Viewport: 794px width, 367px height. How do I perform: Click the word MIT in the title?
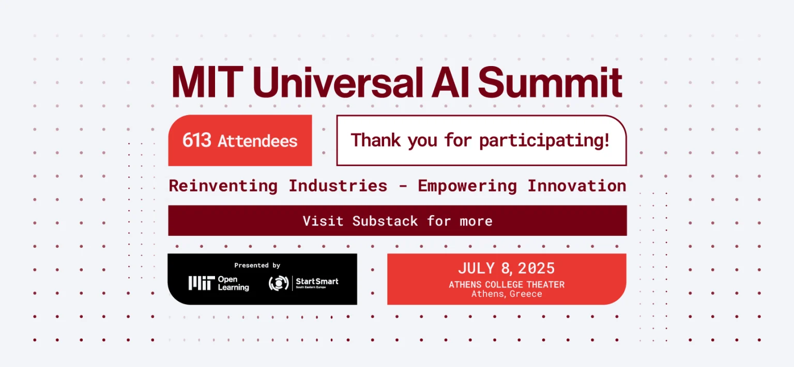coord(207,82)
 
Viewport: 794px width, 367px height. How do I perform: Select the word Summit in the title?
coord(550,82)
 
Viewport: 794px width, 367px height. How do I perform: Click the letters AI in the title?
coord(450,82)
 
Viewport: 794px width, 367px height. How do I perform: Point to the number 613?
coord(197,140)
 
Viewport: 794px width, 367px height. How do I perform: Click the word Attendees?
coord(257,141)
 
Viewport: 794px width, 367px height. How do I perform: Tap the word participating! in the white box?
coord(544,141)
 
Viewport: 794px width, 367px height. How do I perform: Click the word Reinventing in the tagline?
coord(223,186)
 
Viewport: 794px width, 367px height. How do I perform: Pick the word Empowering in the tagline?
coord(467,186)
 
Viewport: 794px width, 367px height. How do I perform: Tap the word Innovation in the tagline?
coord(577,185)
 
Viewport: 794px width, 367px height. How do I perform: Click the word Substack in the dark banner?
coord(385,221)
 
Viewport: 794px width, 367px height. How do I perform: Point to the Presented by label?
coord(257,265)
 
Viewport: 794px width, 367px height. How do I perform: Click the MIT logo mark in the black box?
coord(202,283)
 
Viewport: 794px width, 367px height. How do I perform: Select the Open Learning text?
coord(233,283)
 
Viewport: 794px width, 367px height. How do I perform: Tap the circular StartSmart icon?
coord(279,283)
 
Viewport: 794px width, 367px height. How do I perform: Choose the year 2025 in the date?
coord(536,268)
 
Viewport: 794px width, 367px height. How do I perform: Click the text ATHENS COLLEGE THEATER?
coord(507,284)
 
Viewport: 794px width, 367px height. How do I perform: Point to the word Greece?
coord(526,294)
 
